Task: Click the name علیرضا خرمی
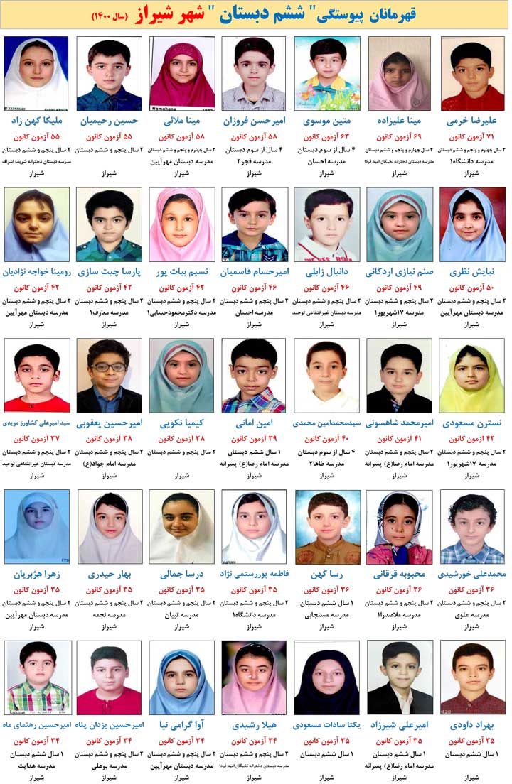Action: click(x=473, y=121)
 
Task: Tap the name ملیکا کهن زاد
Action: click(x=36, y=121)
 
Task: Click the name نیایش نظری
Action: click(x=473, y=272)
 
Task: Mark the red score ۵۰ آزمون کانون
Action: click(x=473, y=288)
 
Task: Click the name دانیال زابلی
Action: click(x=327, y=272)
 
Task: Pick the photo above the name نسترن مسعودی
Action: click(x=473, y=376)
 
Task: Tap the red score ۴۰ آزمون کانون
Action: click(x=327, y=439)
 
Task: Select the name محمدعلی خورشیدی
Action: click(x=473, y=574)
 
